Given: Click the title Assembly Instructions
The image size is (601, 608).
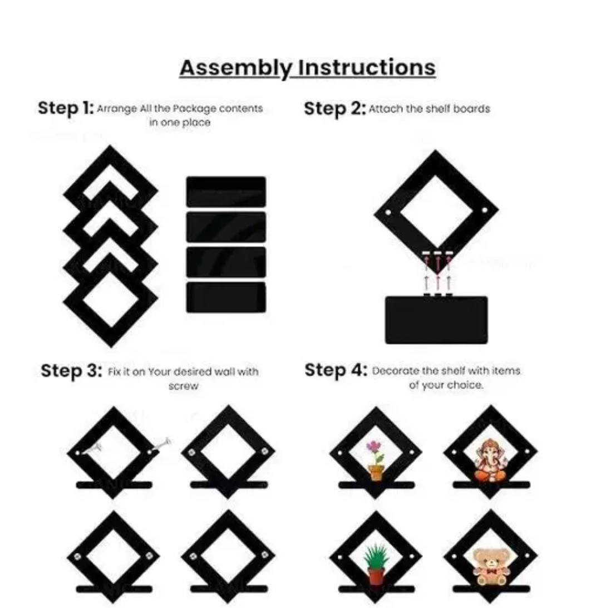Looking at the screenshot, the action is [307, 68].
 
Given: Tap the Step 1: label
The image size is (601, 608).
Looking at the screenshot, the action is [66, 108].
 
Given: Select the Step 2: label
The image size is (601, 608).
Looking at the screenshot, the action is [334, 109].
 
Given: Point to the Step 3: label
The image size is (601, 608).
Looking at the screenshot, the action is [71, 371].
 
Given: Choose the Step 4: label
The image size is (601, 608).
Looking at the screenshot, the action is [336, 370].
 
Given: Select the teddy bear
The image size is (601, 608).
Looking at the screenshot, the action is [491, 566].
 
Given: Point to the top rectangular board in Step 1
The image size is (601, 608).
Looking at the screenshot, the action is [226, 192].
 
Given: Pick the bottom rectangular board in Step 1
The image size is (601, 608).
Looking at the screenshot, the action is [226, 297].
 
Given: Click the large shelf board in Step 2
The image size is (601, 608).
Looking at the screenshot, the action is [436, 320].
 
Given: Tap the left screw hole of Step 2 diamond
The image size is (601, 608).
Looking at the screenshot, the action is [388, 213].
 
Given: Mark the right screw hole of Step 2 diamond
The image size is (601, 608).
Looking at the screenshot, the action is [485, 210].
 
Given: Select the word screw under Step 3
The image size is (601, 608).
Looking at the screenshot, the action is [183, 386].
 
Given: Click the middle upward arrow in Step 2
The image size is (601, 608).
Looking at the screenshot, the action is [437, 283].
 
